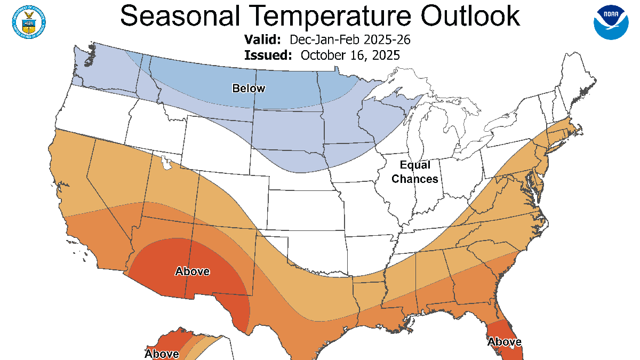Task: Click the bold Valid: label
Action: click(262, 40)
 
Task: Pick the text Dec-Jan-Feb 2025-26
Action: click(350, 40)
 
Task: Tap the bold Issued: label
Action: click(268, 55)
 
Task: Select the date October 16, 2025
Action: click(350, 55)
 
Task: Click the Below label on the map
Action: click(249, 89)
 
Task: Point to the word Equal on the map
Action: click(415, 165)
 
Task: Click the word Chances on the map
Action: click(415, 179)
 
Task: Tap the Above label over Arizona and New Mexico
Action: click(192, 271)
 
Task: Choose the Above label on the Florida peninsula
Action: click(504, 341)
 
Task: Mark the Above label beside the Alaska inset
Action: click(162, 354)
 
